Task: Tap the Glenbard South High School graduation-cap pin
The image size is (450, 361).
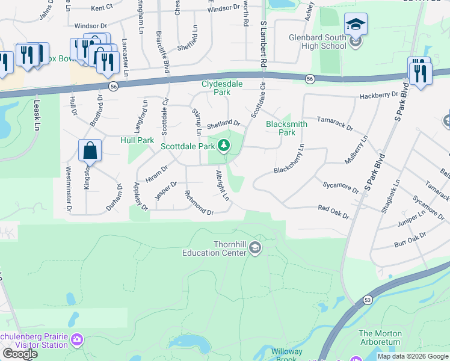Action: coord(356,25)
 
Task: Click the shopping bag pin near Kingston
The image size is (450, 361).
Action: coord(90,150)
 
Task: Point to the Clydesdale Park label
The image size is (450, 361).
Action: coord(216,88)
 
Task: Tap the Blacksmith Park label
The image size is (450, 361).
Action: coord(287,128)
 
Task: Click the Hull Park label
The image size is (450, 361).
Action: coord(137,140)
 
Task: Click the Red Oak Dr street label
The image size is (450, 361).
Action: coord(333,211)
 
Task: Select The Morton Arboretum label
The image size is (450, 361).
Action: coord(379,338)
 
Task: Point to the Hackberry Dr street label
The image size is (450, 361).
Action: coord(379,96)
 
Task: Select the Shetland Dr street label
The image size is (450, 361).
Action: coord(223,125)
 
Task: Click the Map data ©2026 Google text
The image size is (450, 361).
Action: coord(413,356)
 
